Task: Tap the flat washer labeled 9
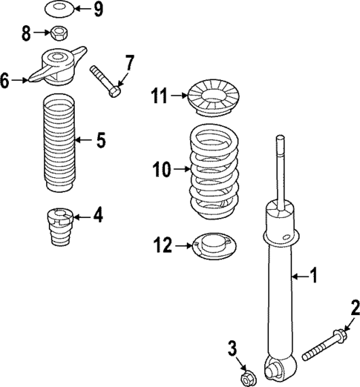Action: pos(57,9)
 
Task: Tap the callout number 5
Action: pos(101,139)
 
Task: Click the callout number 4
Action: pos(98,216)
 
